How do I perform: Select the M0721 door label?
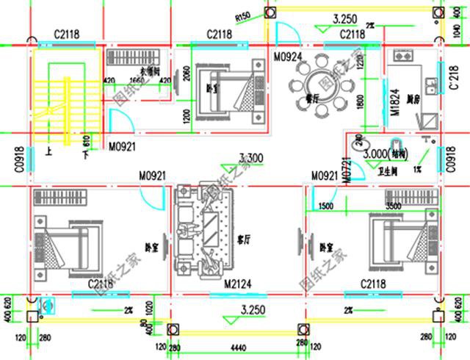[343, 166]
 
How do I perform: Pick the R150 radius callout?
[243, 16]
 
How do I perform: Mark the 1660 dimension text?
[137, 81]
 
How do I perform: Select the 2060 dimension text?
[187, 73]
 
